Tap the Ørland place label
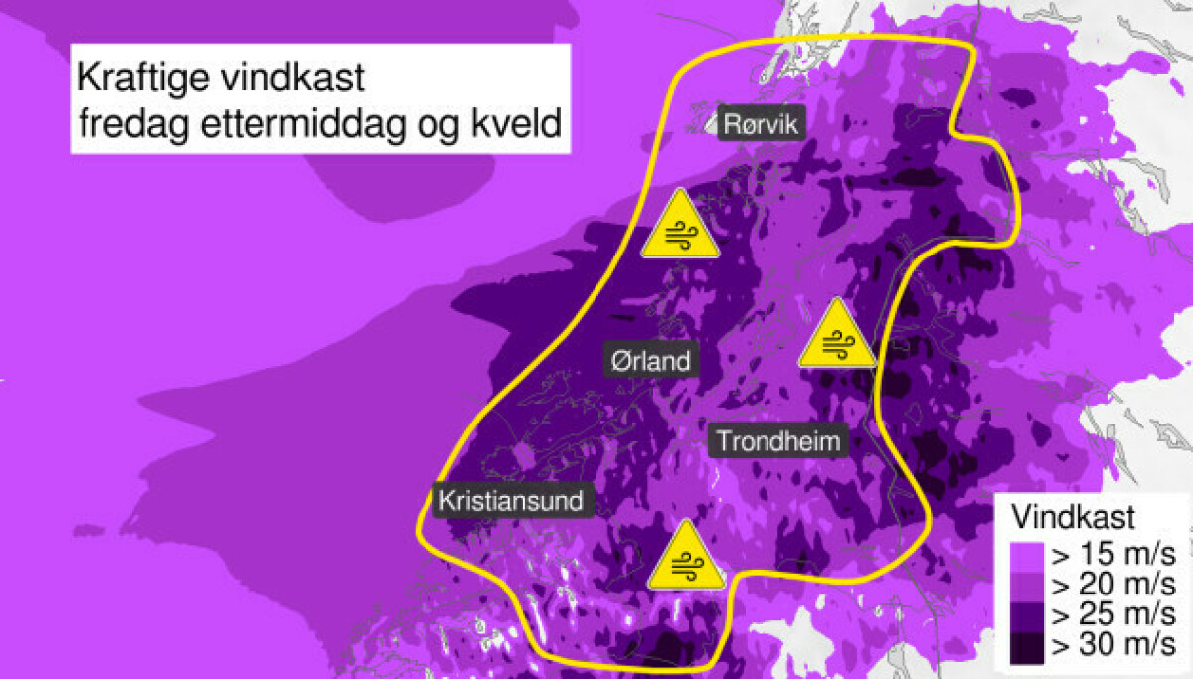(x=650, y=359)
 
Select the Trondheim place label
(x=777, y=440)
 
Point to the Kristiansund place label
(x=512, y=500)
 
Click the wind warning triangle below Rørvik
(x=680, y=227)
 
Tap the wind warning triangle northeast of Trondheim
(x=838, y=336)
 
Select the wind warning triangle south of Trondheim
(x=685, y=558)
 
